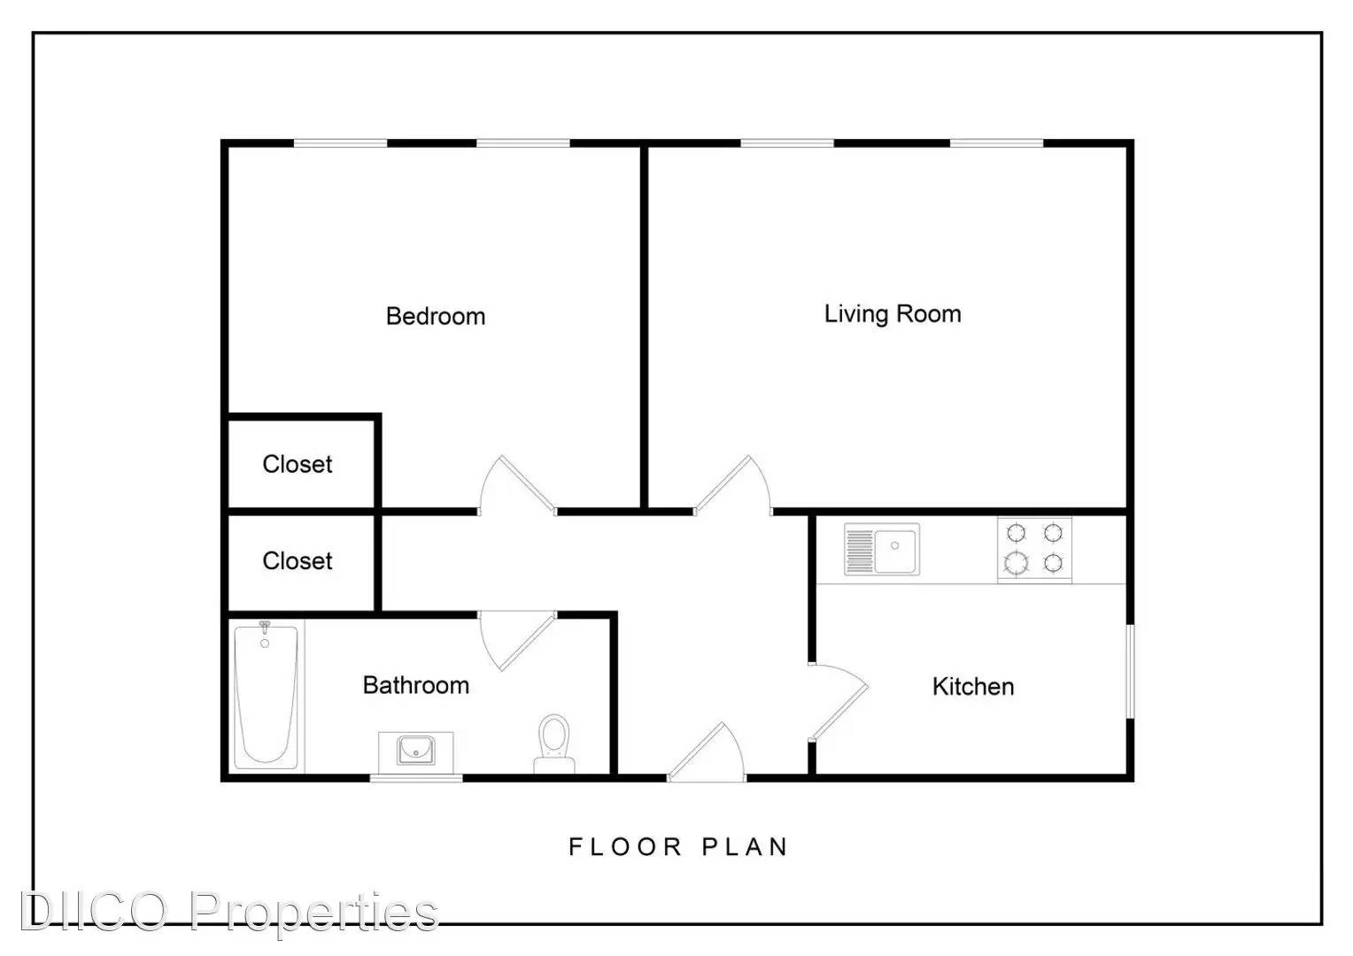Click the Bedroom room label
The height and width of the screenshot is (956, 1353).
click(x=436, y=316)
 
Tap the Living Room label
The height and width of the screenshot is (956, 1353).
click(x=893, y=314)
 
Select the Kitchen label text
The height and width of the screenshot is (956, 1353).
click(x=973, y=687)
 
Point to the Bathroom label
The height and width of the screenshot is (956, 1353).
click(x=416, y=685)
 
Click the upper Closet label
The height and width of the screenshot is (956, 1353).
click(x=298, y=464)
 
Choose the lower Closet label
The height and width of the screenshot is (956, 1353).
click(x=298, y=560)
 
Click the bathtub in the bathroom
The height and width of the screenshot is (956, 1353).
click(x=266, y=696)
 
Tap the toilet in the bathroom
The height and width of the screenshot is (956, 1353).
click(x=554, y=744)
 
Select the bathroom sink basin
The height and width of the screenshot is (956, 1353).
click(x=415, y=751)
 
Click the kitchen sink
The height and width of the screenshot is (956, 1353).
click(x=882, y=549)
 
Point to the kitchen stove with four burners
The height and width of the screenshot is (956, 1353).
click(x=1035, y=549)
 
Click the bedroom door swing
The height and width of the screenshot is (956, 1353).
click(x=516, y=487)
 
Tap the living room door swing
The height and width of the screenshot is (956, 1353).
click(x=733, y=487)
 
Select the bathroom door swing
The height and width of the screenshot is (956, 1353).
click(x=517, y=640)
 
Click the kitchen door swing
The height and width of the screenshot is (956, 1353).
click(x=839, y=702)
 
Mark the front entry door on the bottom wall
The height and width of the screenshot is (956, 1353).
click(x=707, y=752)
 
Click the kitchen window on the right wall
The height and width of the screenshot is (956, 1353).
click(x=1131, y=672)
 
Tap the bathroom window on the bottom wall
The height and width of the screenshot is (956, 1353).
click(x=416, y=778)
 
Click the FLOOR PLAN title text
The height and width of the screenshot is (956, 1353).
click(x=678, y=847)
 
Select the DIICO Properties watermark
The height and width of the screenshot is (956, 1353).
click(x=229, y=913)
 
